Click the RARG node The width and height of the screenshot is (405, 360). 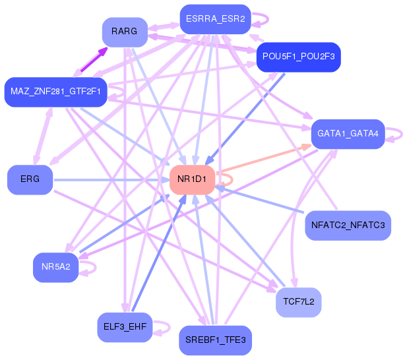(124, 32)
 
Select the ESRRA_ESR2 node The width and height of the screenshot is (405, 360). (215, 19)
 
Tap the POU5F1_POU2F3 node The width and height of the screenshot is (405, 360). (298, 57)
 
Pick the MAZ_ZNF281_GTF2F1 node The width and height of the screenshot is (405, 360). (55, 92)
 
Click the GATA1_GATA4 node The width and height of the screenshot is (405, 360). (347, 133)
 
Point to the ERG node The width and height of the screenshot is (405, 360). (30, 179)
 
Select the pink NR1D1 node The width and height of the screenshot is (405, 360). (192, 179)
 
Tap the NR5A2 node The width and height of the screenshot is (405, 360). (55, 267)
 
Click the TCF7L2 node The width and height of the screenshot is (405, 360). (298, 302)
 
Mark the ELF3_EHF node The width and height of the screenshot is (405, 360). (124, 327)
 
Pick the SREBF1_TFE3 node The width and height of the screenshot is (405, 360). (215, 340)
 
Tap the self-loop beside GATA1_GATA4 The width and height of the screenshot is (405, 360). (394, 134)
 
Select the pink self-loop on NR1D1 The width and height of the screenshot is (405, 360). (226, 177)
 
